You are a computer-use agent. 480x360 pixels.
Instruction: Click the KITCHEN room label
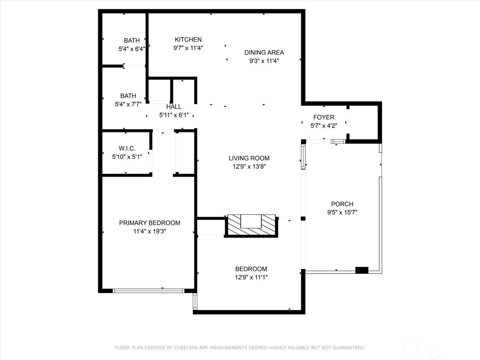188,40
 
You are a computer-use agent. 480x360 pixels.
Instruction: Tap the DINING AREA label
264,52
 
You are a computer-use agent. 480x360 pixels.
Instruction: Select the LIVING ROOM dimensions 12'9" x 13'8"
249,167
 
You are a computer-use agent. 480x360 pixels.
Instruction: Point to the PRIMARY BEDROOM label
150,223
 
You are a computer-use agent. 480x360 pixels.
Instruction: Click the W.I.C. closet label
127,148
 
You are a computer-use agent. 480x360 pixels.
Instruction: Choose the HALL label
174,107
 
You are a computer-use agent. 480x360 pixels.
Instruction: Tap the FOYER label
324,117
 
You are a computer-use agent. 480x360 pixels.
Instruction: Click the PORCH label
342,204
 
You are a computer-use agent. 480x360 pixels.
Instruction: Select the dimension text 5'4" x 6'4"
132,49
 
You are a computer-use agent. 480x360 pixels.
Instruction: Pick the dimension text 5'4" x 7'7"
128,104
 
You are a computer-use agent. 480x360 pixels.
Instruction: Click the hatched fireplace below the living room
251,225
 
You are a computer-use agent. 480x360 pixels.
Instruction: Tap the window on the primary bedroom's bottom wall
149,291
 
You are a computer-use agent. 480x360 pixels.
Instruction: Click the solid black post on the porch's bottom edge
362,270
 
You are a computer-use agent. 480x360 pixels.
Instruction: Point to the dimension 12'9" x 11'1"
251,277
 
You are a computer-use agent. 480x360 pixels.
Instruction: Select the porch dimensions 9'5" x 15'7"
342,212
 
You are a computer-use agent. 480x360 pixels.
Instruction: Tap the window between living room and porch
303,157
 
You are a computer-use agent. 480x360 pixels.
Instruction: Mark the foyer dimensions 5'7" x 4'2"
324,126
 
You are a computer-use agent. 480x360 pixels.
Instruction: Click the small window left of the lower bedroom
195,301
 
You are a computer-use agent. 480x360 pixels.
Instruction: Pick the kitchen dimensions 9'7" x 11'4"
188,48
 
